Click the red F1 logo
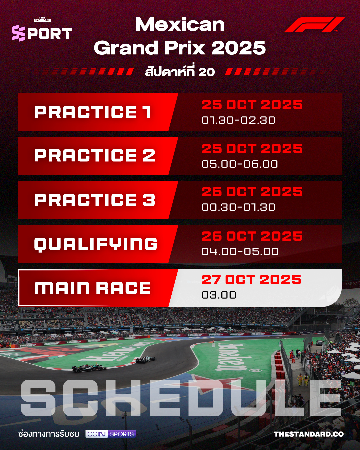pyautogui.click(x=315, y=24)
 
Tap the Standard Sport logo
pyautogui.click(x=42, y=29)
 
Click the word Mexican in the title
pyautogui.click(x=180, y=24)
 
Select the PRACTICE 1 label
pyautogui.click(x=93, y=112)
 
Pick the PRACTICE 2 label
pyautogui.click(x=95, y=156)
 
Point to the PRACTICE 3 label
pyautogui.click(x=95, y=200)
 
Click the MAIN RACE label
pyautogui.click(x=92, y=288)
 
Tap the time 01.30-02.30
pyautogui.click(x=238, y=120)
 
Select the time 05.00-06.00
pyautogui.click(x=240, y=164)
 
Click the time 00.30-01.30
pyautogui.click(x=238, y=207)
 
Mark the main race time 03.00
pyautogui.click(x=219, y=295)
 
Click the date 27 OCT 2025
pyautogui.click(x=251, y=280)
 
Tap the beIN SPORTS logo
pyautogui.click(x=111, y=434)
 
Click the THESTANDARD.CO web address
pyautogui.click(x=309, y=434)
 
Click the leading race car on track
pyautogui.click(x=146, y=360)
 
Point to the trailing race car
pyautogui.click(x=89, y=368)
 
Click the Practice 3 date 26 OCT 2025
pyautogui.click(x=252, y=192)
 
